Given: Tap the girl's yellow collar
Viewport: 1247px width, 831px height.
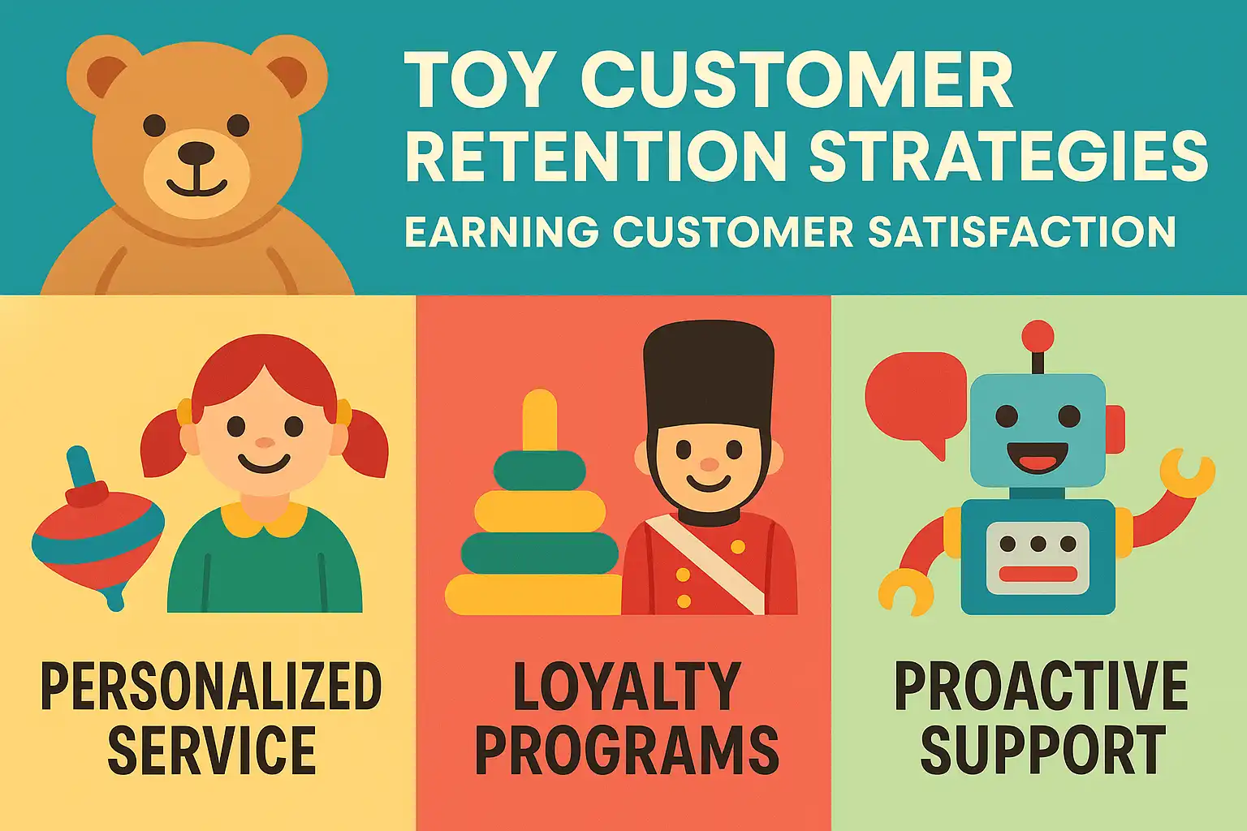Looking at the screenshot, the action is pyautogui.click(x=264, y=519).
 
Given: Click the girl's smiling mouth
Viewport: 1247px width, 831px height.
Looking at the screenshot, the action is pyautogui.click(x=264, y=463).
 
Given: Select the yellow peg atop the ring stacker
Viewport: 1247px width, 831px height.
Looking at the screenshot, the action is pyautogui.click(x=539, y=420).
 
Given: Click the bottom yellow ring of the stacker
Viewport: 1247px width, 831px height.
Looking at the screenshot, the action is pyautogui.click(x=533, y=595).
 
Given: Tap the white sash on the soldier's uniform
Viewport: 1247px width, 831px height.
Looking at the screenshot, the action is pyautogui.click(x=705, y=562).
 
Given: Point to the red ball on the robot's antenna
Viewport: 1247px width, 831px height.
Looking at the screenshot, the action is pyautogui.click(x=1038, y=337).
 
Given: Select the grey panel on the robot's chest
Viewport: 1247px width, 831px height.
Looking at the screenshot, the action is pyautogui.click(x=1038, y=558).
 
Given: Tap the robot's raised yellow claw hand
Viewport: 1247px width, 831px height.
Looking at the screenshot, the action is pyautogui.click(x=1187, y=473).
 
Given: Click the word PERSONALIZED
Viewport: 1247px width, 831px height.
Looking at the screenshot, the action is pyautogui.click(x=211, y=686).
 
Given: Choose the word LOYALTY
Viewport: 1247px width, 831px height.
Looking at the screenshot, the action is pyautogui.click(x=627, y=686).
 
